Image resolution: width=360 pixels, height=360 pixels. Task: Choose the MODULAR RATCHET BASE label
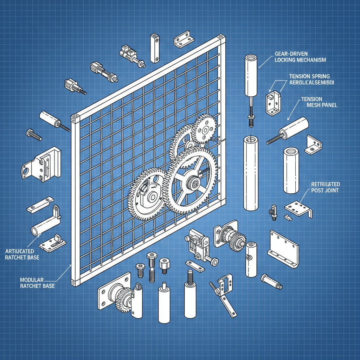37,283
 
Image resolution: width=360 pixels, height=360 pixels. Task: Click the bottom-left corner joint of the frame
73,282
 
